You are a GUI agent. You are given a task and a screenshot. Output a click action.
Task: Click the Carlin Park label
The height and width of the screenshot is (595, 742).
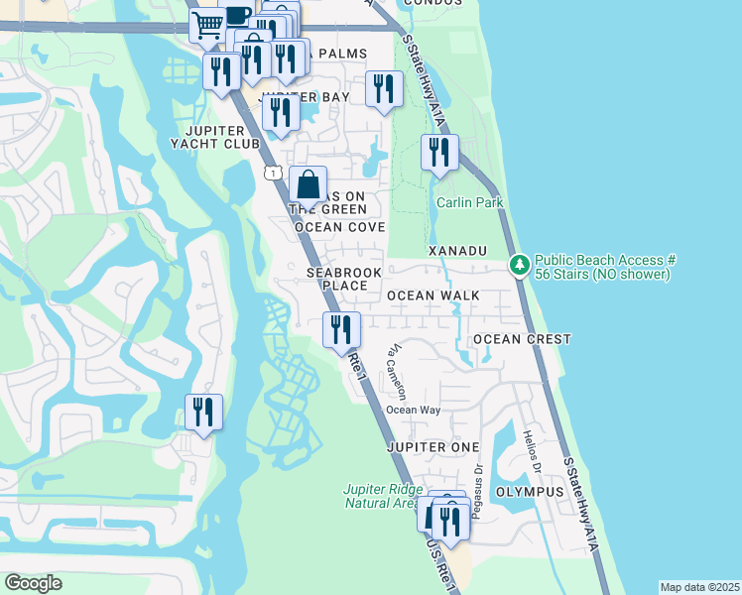[x=470, y=203]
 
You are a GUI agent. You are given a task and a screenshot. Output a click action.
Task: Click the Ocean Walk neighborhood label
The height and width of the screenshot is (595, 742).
[x=433, y=296]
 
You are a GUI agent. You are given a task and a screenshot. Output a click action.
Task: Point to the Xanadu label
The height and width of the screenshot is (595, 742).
[x=456, y=252]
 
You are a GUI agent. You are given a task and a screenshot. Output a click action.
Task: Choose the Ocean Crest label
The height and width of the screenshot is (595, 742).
[x=522, y=339]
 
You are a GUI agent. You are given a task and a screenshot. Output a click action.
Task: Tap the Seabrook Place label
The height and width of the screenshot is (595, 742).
[x=336, y=279]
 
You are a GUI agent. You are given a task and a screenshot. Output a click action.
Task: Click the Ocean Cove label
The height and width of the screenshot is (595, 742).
[x=338, y=227]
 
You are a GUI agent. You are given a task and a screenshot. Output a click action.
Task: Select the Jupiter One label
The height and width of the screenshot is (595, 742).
[x=432, y=447]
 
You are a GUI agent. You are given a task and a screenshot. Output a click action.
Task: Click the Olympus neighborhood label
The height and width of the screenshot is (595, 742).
[x=529, y=492]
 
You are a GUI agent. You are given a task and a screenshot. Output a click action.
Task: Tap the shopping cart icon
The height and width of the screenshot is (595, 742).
[x=208, y=24]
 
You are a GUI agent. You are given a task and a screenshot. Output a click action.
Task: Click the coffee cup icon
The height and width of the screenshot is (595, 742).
[x=237, y=15]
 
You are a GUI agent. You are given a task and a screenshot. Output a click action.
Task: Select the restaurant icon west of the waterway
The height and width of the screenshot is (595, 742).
[x=203, y=413]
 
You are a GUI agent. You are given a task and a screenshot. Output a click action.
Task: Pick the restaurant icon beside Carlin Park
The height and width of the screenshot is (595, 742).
[x=437, y=153]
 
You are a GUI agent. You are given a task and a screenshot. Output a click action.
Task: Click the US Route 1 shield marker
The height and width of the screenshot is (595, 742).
[x=272, y=173]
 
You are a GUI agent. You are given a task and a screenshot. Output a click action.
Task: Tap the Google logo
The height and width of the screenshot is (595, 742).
[x=33, y=583]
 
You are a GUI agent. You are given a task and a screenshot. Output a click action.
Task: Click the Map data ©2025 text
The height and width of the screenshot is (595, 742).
[x=698, y=587]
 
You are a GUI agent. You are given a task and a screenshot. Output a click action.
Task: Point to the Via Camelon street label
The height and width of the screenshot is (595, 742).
[x=397, y=371]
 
